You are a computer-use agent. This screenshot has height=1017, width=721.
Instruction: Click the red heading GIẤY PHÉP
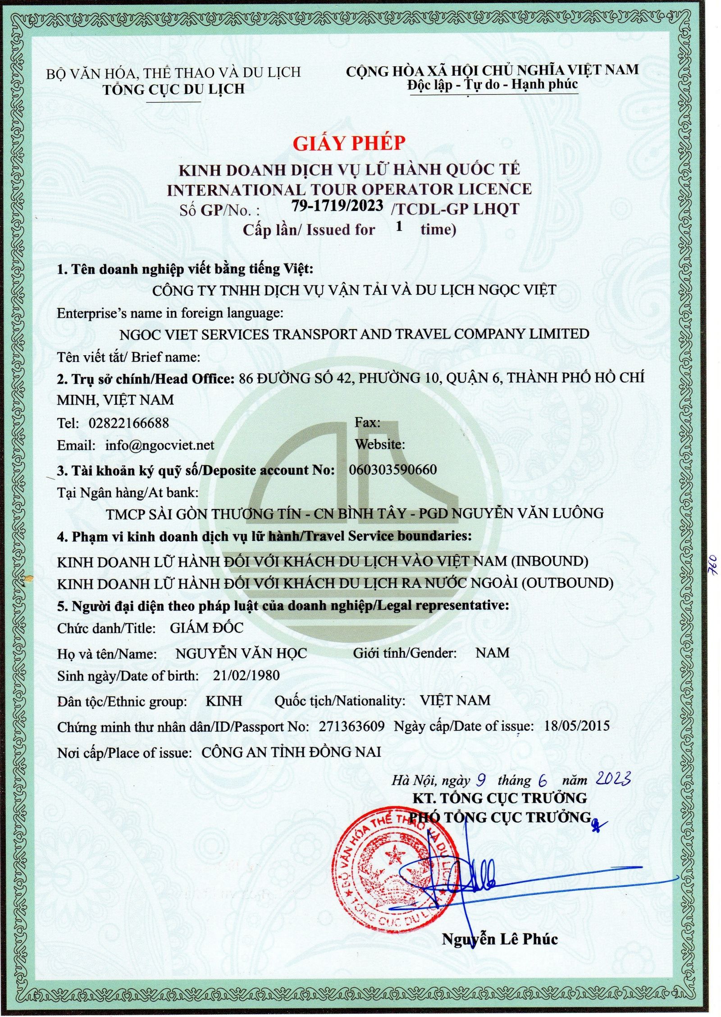pos(349,143)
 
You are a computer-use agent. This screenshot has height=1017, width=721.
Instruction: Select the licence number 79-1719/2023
pos(338,206)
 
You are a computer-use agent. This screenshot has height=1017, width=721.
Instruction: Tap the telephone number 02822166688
pos(129,423)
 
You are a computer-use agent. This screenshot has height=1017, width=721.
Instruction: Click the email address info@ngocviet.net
pos(160,445)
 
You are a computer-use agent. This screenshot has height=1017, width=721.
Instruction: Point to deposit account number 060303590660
pos(393,470)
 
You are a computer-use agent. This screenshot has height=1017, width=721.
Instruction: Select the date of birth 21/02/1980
pos(246,675)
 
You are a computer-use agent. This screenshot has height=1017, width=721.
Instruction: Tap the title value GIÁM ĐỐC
pos(206,628)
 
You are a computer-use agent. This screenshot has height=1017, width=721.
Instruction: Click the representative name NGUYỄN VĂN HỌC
pos(241,653)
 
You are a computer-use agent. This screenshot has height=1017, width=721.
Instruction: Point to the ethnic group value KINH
pos(224,701)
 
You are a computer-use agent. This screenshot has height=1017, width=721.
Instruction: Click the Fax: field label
pos(367,422)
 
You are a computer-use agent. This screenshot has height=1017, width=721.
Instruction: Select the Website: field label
pos(379,444)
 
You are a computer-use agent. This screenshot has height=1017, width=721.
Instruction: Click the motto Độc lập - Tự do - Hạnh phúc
pos(492,85)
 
